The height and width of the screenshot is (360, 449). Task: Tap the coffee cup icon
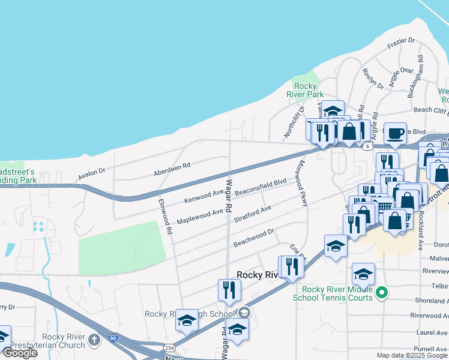(394, 133)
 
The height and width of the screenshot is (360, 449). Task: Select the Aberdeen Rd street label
(172, 164)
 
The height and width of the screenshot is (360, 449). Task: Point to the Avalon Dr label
(91, 175)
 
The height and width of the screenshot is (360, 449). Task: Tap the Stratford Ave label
(252, 212)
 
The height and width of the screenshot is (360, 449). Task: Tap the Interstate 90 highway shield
(113, 338)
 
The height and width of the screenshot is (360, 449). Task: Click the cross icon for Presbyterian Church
(94, 340)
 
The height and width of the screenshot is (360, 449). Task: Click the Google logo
(20, 353)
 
